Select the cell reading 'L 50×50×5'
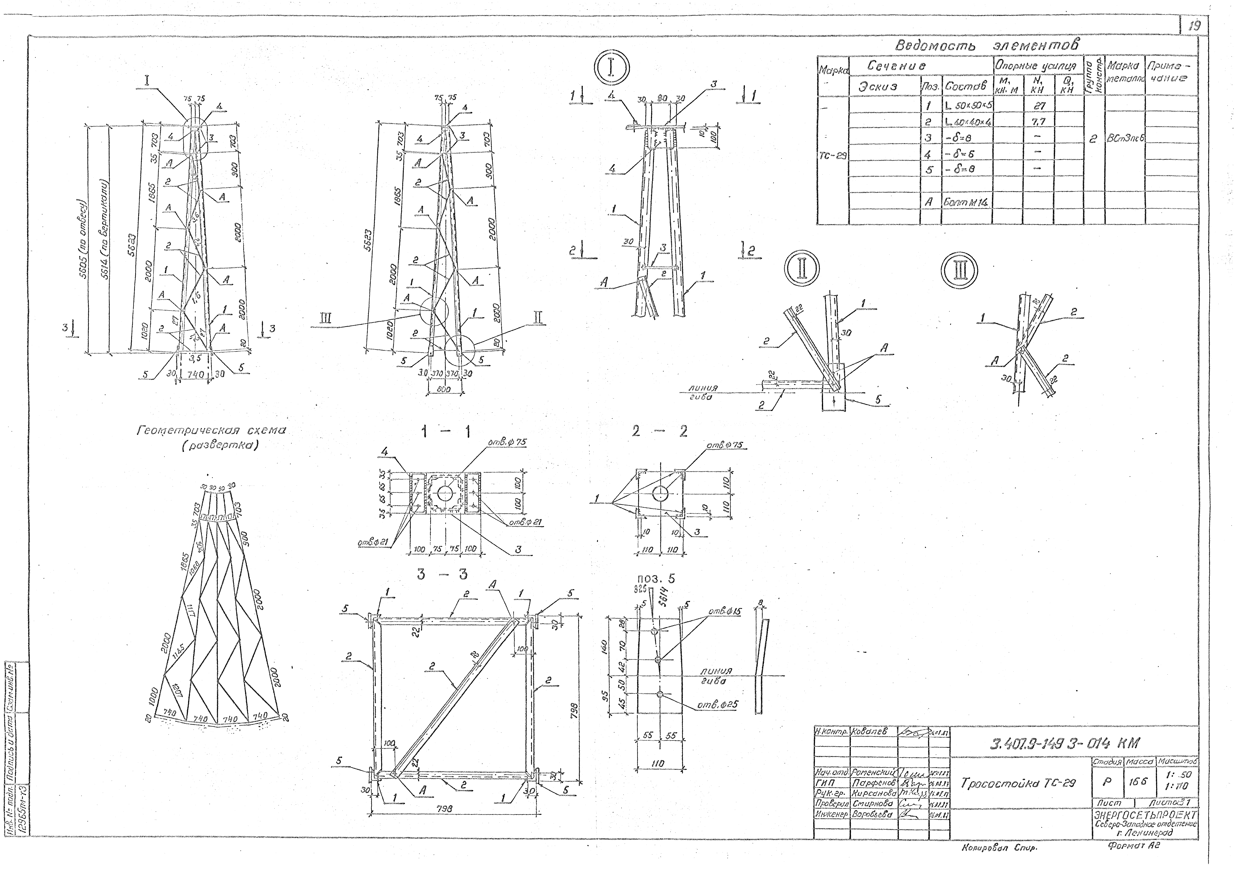[x=966, y=105]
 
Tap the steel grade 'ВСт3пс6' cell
[x=1125, y=138]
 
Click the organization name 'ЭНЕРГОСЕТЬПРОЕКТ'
[x=1145, y=816]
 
